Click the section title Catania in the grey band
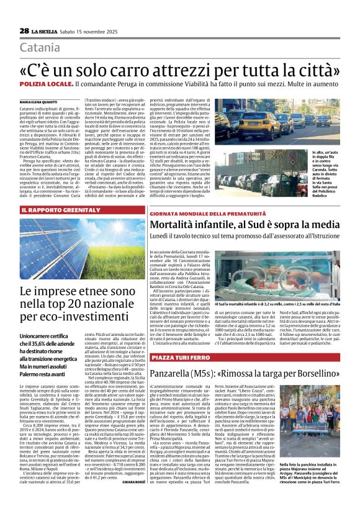40,48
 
